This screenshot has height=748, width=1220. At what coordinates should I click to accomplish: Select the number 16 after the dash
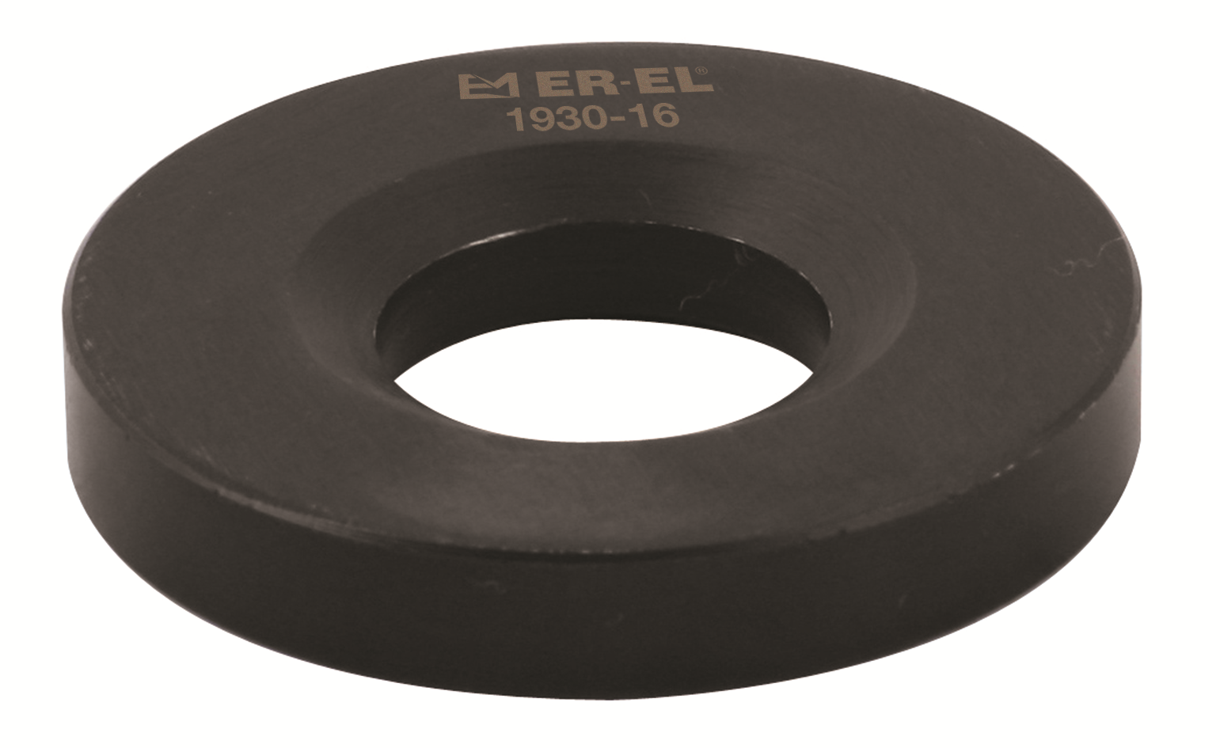[656, 117]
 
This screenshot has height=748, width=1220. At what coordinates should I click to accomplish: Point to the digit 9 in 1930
[542, 120]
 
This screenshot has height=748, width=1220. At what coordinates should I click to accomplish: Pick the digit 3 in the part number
[568, 119]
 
